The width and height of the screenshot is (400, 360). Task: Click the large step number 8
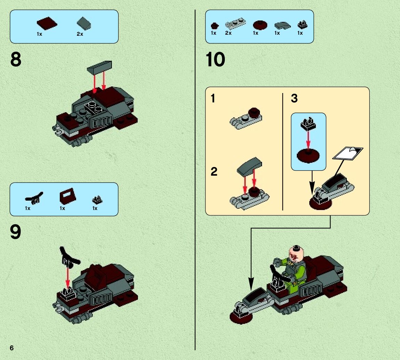[16, 59]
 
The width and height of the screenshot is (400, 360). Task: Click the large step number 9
[16, 232]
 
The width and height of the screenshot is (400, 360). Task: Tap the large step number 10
[215, 59]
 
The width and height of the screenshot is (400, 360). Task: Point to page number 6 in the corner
[12, 348]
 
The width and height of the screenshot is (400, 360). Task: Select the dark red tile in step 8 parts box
[47, 24]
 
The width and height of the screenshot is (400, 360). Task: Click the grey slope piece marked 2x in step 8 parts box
[84, 24]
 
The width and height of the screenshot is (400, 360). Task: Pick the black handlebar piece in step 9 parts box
[34, 198]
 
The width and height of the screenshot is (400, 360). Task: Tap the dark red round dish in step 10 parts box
[260, 25]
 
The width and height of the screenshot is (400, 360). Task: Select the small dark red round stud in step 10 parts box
[215, 25]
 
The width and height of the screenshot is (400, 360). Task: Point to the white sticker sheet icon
[348, 153]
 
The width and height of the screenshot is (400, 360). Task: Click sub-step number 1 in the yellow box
[213, 98]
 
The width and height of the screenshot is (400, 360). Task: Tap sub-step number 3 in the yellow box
[294, 98]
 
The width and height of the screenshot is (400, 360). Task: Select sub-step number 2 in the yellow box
[214, 171]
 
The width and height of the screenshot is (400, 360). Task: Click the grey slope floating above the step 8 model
[99, 67]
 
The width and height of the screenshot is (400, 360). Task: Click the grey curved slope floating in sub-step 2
[250, 167]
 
